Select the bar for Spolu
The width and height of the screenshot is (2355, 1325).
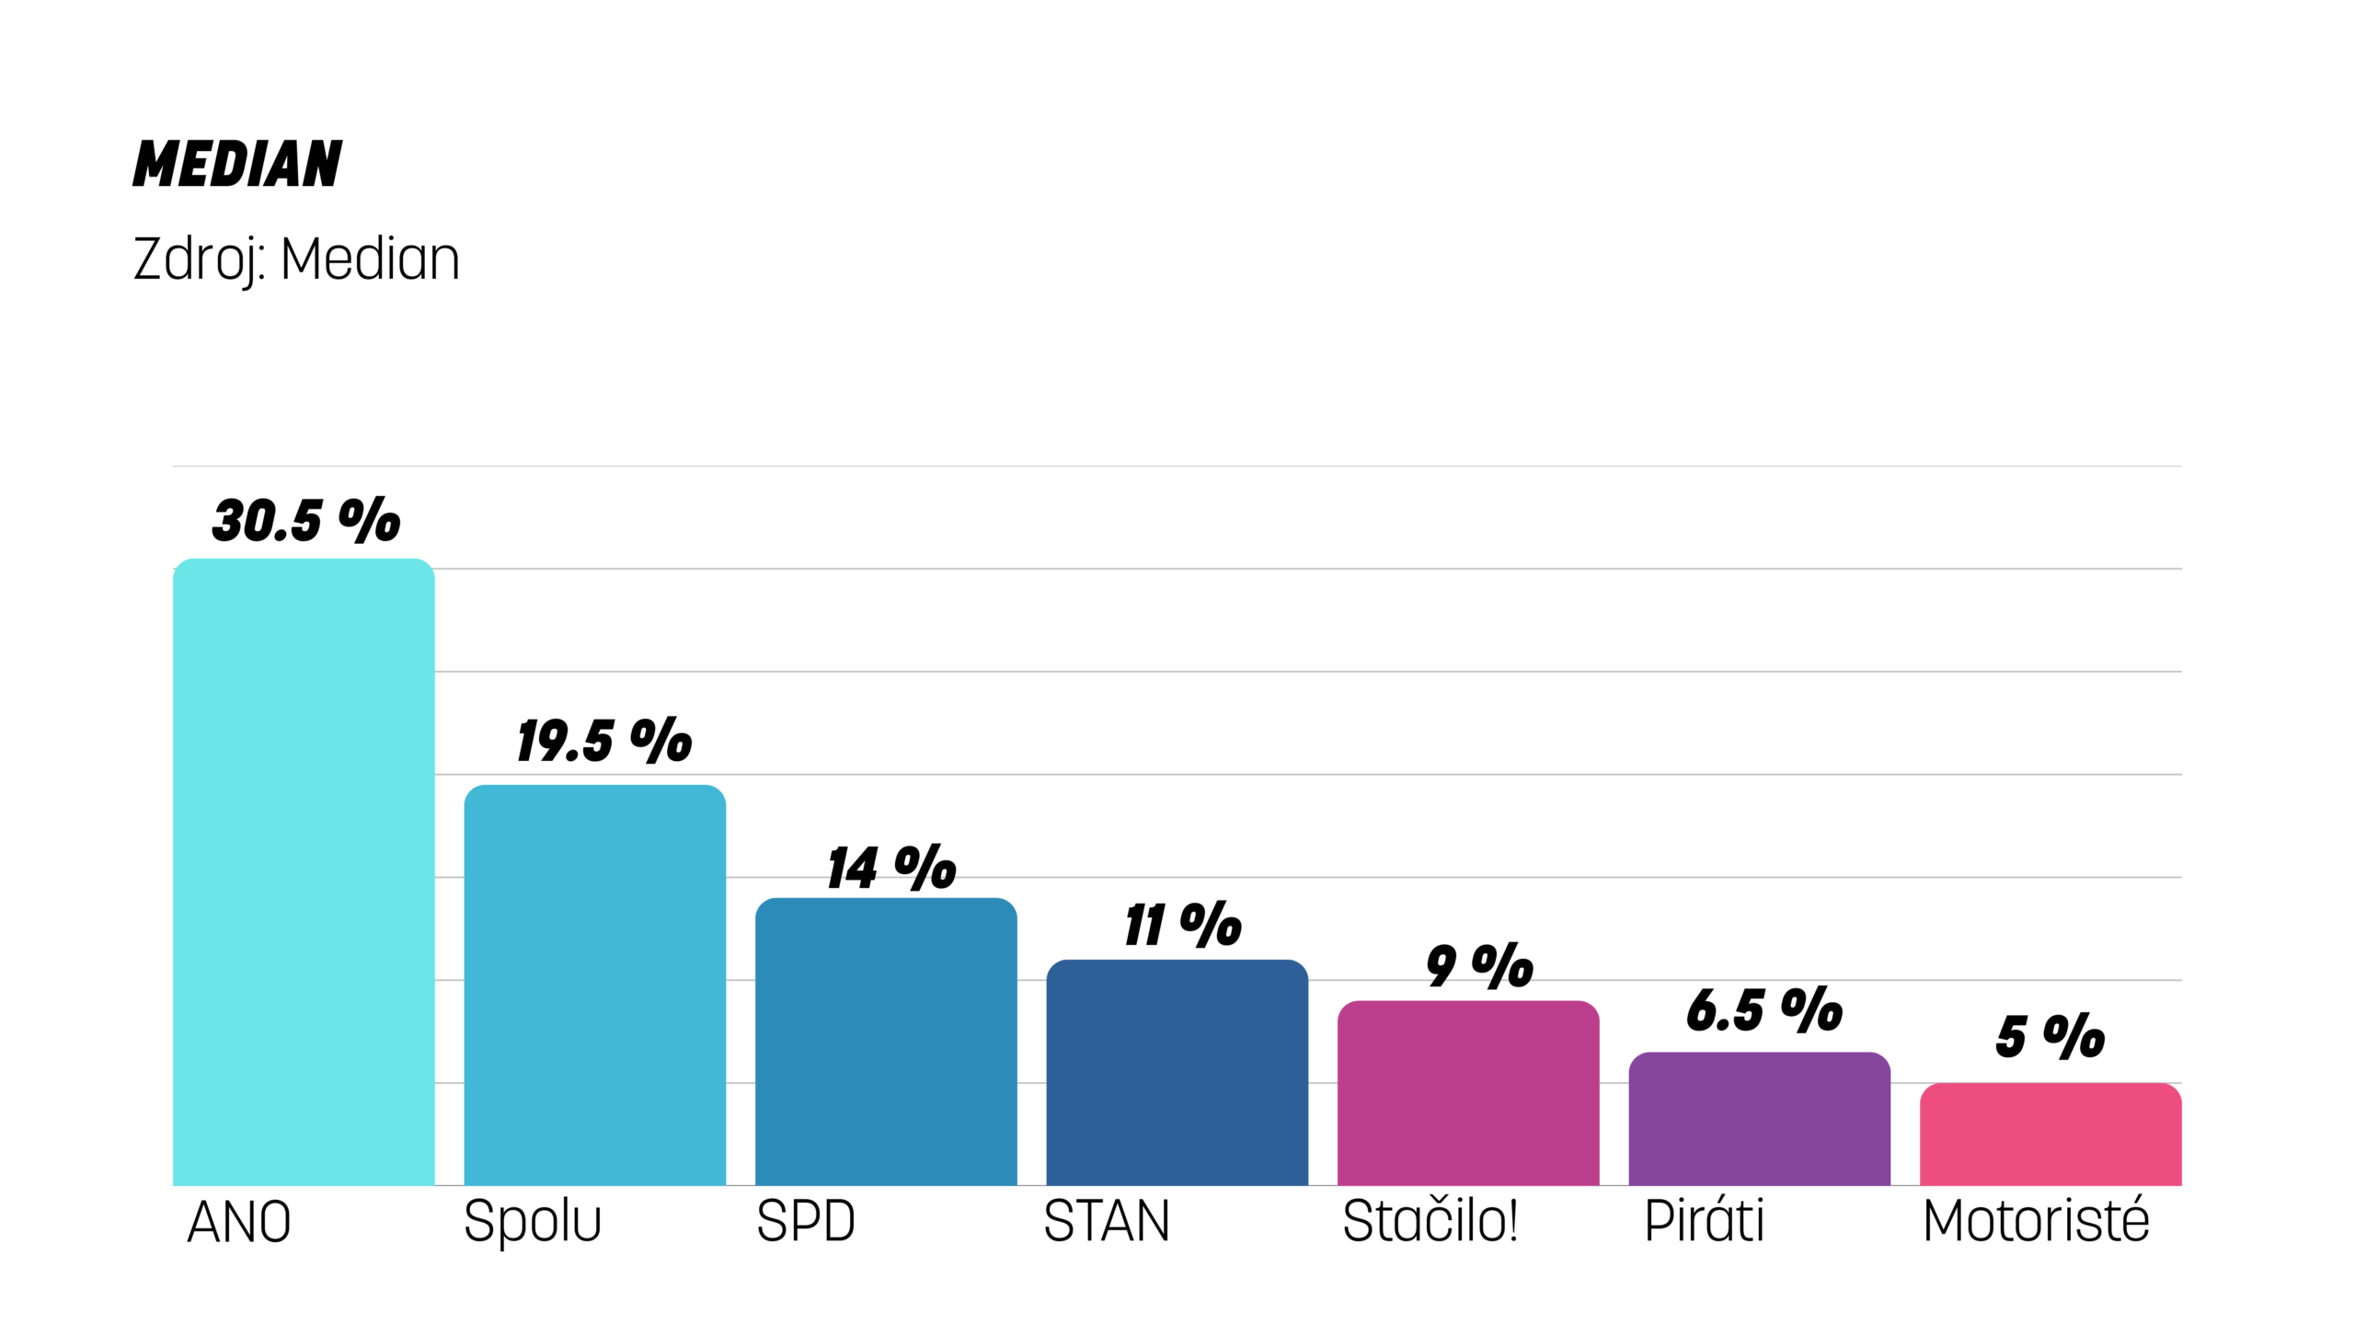coord(594,985)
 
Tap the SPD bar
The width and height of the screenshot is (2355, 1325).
coord(885,1041)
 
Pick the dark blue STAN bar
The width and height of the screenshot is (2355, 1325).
coord(1177,1072)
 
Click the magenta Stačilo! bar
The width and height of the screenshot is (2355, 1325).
coord(1467,1092)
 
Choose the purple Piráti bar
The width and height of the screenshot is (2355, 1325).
coord(1759,1118)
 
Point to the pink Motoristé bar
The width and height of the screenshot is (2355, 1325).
coord(2050,1134)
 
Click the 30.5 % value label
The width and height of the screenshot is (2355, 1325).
coord(306,521)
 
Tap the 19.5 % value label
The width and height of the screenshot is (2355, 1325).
coord(604,741)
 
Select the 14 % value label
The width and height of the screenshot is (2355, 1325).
coord(891,868)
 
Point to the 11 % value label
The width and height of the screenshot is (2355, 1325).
coord(1183,925)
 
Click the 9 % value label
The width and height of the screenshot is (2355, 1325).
coord(1479,966)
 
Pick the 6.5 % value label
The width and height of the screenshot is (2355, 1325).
coord(1764,1009)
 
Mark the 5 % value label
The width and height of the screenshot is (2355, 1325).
coord(2050,1036)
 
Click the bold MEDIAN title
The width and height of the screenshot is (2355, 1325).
coord(237,165)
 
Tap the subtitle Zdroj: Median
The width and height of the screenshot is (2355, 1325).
coord(296,259)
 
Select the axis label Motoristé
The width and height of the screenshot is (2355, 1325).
coord(2036,1221)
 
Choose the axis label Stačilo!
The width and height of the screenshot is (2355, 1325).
coord(1430,1221)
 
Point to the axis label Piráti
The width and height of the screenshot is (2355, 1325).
coord(1704,1221)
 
